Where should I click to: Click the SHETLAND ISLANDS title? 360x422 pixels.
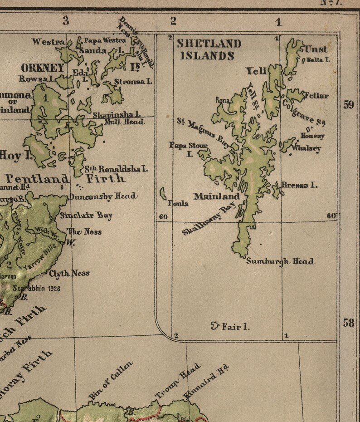pyautogui.click(x=208, y=50)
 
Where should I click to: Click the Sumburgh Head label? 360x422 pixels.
pyautogui.click(x=280, y=261)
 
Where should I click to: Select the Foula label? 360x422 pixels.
pyautogui.click(x=178, y=204)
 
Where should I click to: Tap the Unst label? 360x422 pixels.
pyautogui.click(x=316, y=49)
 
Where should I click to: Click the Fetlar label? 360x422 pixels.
pyautogui.click(x=316, y=96)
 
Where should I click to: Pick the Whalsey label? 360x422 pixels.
pyautogui.click(x=306, y=148)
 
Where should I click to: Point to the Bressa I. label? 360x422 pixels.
pyautogui.click(x=299, y=185)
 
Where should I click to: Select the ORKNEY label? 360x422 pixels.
pyautogui.click(x=43, y=68)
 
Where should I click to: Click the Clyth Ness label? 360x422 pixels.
pyautogui.click(x=69, y=273)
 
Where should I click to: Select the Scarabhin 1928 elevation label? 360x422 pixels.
pyautogui.click(x=36, y=288)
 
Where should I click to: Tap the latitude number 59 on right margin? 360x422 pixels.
pyautogui.click(x=348, y=105)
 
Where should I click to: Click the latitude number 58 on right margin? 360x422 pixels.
pyautogui.click(x=348, y=323)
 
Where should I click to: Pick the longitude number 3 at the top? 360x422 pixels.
pyautogui.click(x=66, y=20)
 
